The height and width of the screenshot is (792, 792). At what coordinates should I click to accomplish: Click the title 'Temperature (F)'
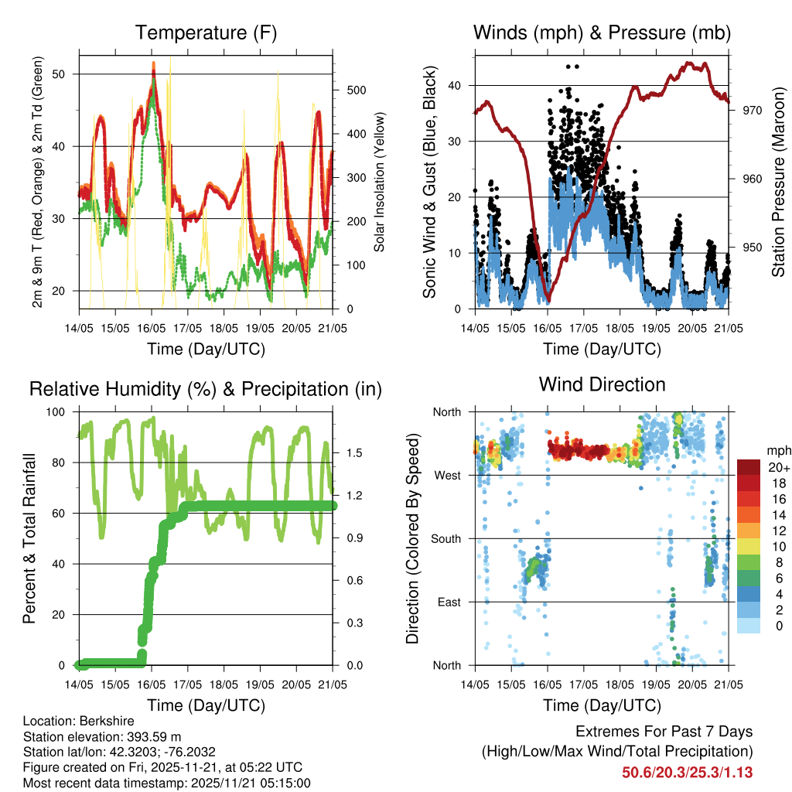point(206,32)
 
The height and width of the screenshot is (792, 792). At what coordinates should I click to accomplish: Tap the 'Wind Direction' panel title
point(602,384)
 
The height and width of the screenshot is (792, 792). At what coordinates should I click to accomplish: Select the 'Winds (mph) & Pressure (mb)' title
point(602,32)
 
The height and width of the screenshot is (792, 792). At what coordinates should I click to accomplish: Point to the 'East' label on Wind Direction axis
point(447,602)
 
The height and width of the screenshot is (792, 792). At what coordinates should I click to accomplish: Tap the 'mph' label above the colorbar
point(777,449)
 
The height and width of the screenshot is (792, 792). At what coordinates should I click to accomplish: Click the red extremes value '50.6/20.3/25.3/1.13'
point(687,773)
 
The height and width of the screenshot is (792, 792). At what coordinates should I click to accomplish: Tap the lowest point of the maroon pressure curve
point(548,301)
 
